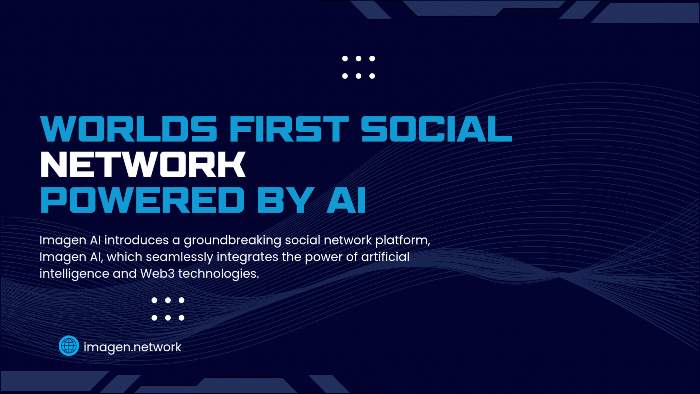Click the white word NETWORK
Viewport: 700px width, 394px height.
tap(143, 165)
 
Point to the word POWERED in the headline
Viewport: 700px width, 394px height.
tap(142, 200)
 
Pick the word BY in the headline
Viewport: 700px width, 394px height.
tap(285, 200)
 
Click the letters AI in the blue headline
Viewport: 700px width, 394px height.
tap(346, 200)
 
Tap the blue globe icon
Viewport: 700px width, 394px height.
tap(69, 345)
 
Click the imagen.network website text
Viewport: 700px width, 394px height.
tap(132, 347)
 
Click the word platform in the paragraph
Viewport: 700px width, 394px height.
tap(403, 240)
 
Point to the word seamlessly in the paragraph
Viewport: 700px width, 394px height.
tap(179, 257)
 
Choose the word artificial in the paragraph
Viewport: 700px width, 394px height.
tap(385, 257)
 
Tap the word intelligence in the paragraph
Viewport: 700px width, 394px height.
tap(74, 274)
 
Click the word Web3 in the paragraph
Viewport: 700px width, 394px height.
tap(157, 274)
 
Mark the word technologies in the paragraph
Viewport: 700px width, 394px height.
tap(218, 274)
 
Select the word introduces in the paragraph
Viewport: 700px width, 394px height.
tap(136, 240)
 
